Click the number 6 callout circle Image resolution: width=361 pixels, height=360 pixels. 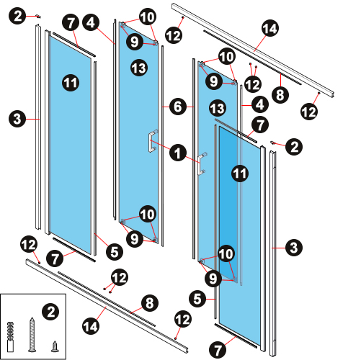tap(178, 107)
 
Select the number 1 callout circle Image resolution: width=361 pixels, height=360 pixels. tap(178, 153)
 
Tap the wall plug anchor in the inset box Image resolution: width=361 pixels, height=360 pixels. tap(10, 337)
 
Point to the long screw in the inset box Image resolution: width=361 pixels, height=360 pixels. tap(32, 335)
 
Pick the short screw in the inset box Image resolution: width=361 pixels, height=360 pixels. tap(55, 347)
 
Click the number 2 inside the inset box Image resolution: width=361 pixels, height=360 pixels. tap(50, 312)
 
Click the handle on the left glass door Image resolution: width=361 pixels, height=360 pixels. tap(153, 142)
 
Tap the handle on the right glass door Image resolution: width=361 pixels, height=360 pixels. tap(202, 163)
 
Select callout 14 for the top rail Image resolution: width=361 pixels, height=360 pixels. tap(270, 28)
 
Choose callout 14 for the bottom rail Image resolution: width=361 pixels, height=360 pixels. tap(91, 326)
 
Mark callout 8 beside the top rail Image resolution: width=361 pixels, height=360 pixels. tap(280, 94)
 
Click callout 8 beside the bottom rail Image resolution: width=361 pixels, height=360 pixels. tap(150, 303)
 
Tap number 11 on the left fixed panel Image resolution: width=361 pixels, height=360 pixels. tap(71, 83)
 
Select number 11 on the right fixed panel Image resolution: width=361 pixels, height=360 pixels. tap(240, 174)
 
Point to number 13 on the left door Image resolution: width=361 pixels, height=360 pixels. tap(139, 68)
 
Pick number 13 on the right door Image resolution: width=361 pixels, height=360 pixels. tap(218, 108)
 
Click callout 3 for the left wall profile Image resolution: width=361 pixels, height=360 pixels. tap(17, 119)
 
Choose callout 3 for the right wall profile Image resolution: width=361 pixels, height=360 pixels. tap(294, 248)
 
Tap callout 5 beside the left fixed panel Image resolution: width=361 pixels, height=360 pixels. tap(115, 252)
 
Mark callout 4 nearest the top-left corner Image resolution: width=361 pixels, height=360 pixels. tap(91, 22)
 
